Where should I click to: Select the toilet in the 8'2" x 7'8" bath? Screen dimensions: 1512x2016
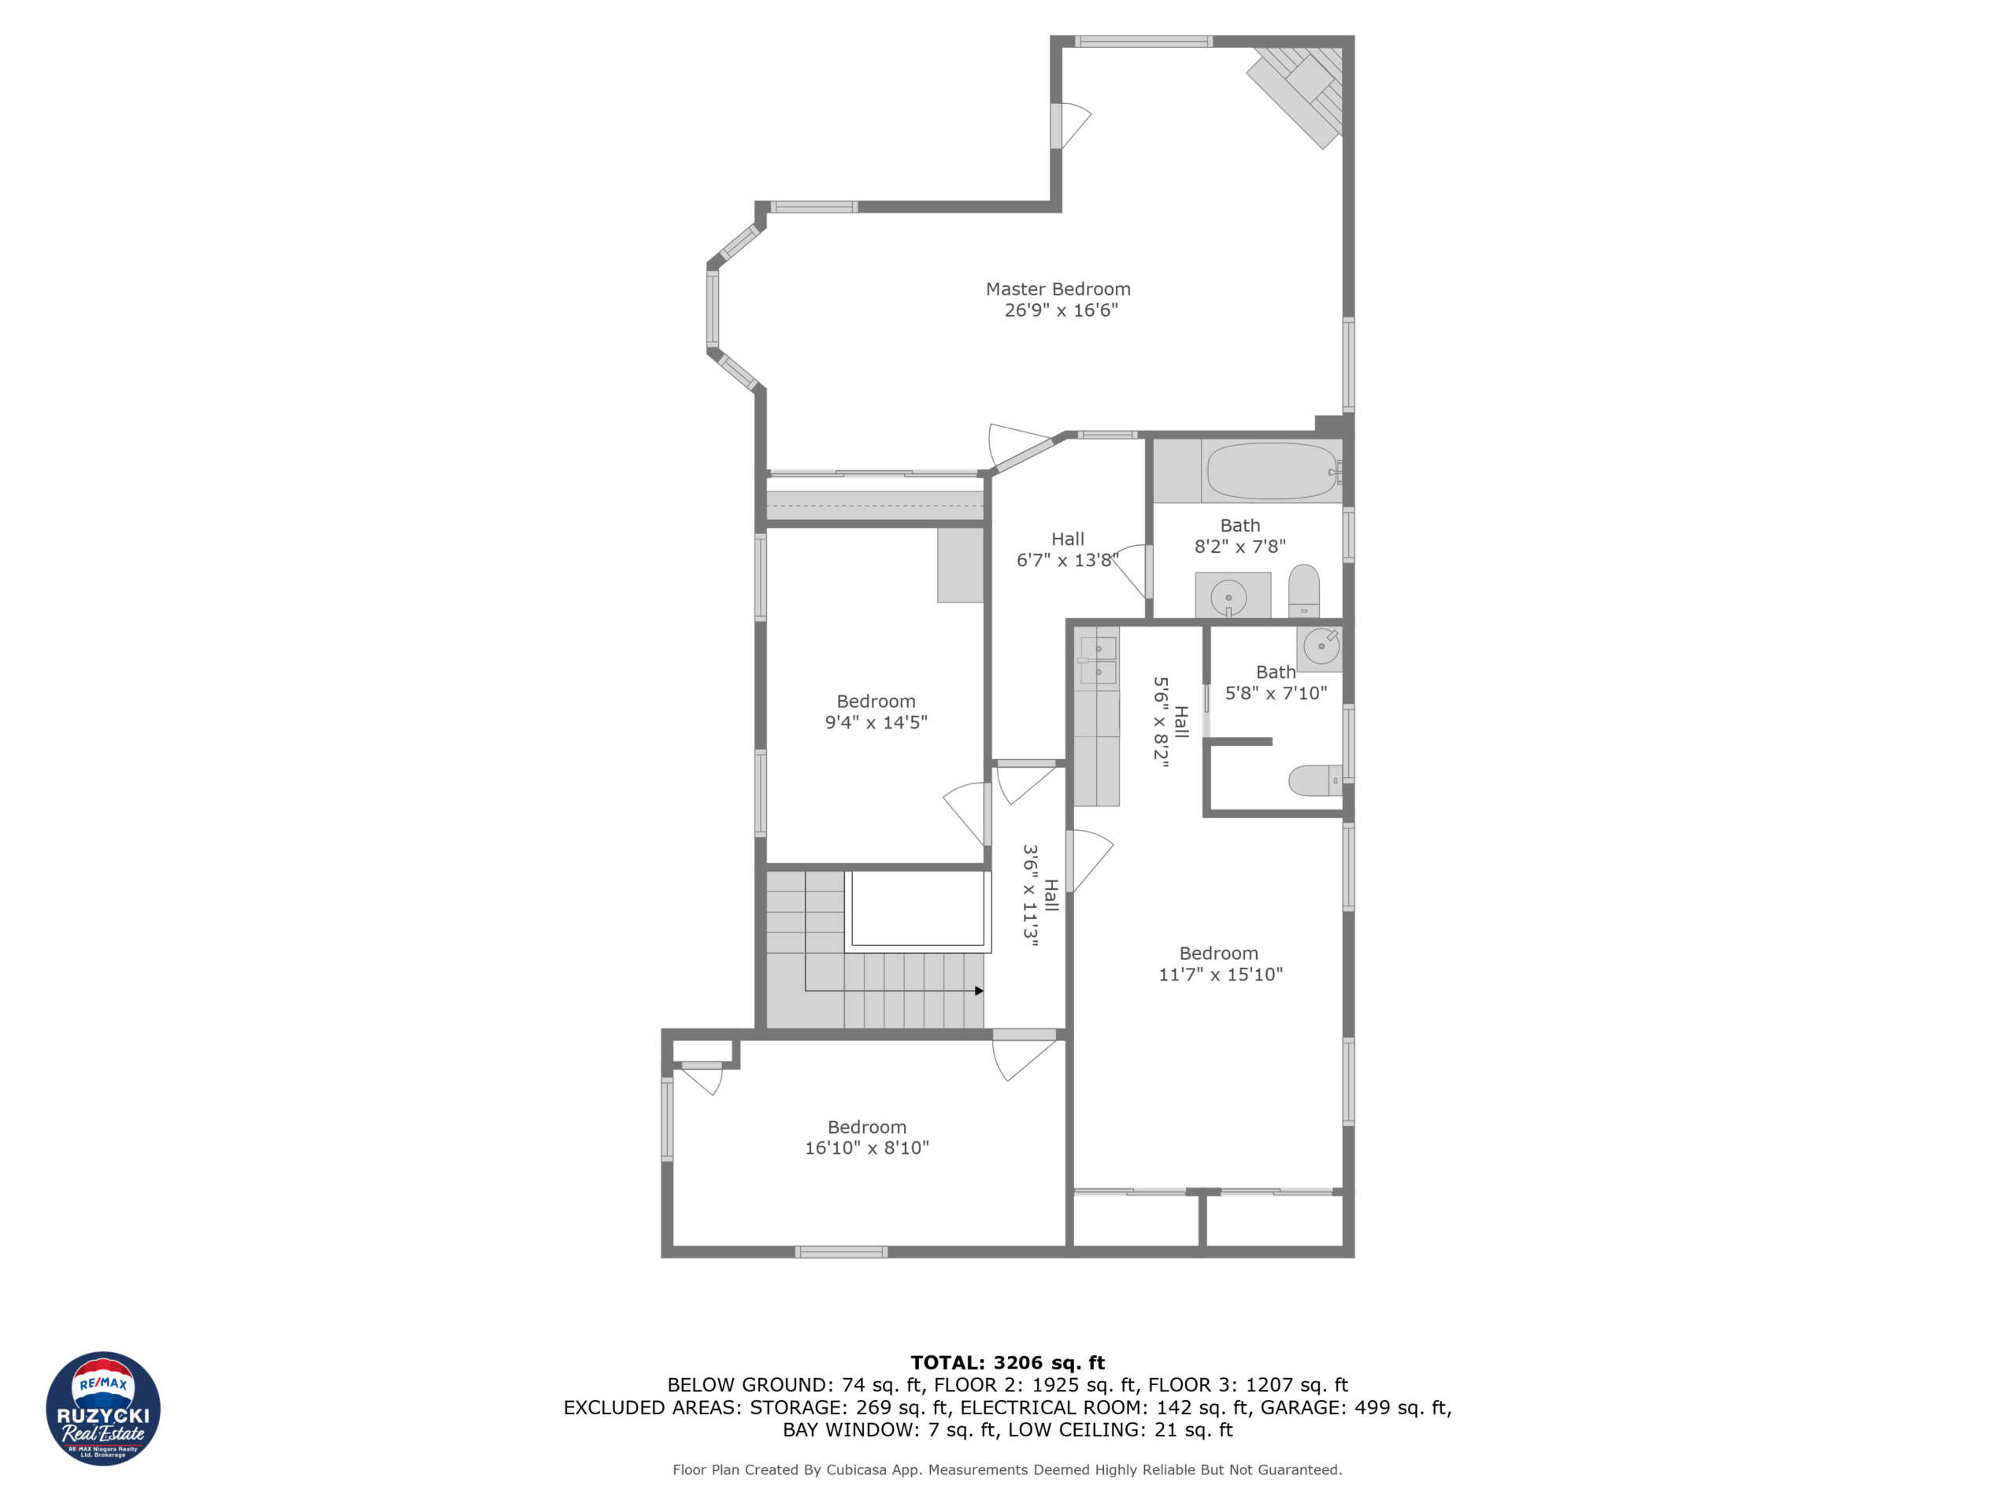pos(1303,591)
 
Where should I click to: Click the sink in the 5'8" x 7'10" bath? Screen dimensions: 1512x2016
pos(1320,647)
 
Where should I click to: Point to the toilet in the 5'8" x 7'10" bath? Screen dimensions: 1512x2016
pos(1314,780)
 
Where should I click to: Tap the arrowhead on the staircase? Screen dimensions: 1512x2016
pos(979,991)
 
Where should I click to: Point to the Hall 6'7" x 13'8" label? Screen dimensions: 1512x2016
pos(1067,550)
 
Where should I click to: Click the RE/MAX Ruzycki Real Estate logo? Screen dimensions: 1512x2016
pos(103,1408)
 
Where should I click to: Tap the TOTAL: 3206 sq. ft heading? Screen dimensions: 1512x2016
pos(1007,1362)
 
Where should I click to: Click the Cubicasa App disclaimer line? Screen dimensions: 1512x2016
pos(1007,1469)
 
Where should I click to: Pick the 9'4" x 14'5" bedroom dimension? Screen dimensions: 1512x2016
pos(875,722)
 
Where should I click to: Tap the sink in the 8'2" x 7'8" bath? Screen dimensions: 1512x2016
pos(1228,598)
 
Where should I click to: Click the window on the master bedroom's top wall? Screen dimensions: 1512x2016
pos(1143,42)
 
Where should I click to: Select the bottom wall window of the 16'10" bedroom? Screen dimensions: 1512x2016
pos(840,1251)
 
